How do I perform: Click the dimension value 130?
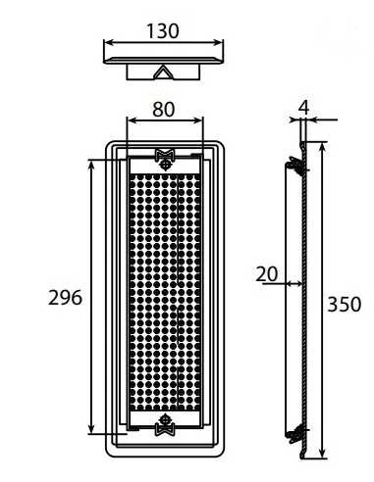point(163,31)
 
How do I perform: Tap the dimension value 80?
point(164,110)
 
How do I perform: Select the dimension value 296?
point(65,298)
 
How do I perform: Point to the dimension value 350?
point(345,304)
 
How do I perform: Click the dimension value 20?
point(267,274)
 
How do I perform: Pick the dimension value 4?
point(304,108)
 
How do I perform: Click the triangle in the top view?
point(163,72)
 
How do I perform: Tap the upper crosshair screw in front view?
point(166,165)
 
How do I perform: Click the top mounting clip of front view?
point(166,155)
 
